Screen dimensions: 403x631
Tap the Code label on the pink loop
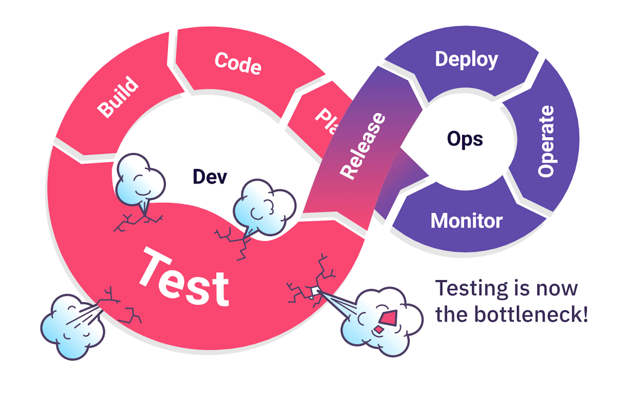tap(238, 63)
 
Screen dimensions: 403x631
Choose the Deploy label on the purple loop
tap(466, 60)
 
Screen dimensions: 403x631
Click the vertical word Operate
tap(546, 141)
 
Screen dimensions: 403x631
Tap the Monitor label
tap(466, 220)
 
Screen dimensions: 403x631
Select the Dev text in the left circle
tap(210, 176)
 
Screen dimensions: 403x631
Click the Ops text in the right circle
tap(465, 139)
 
